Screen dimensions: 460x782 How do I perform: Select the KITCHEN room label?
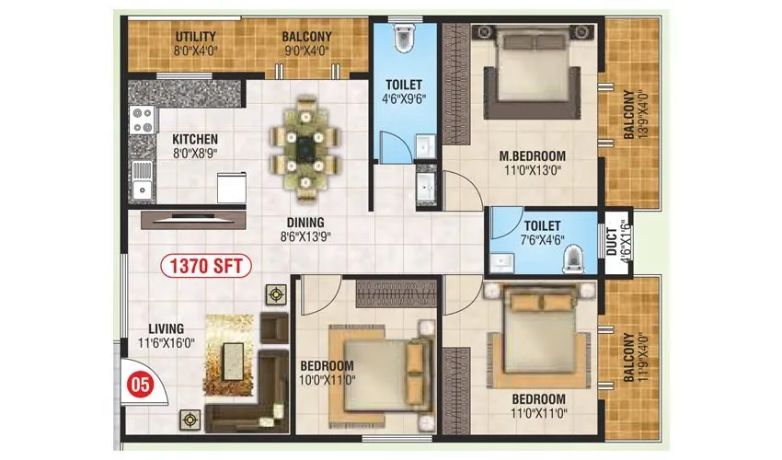194,140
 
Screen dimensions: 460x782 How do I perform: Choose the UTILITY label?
196,37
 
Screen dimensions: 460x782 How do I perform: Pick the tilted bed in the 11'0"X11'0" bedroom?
535,333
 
